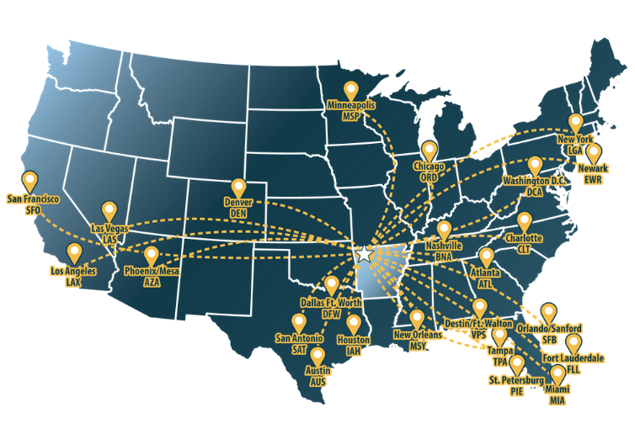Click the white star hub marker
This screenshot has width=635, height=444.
(x=364, y=253)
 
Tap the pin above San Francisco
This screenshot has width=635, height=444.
(x=31, y=181)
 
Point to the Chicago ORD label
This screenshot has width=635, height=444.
(x=429, y=172)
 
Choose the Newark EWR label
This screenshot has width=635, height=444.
(x=593, y=174)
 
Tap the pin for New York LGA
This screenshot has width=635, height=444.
(x=576, y=124)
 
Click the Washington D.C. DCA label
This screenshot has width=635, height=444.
(x=536, y=186)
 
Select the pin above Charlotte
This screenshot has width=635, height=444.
(x=526, y=222)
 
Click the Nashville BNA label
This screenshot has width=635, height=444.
(x=444, y=250)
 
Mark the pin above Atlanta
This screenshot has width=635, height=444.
(x=487, y=257)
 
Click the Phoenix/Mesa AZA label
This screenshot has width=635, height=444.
(x=152, y=279)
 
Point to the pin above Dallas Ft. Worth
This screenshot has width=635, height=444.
(x=332, y=286)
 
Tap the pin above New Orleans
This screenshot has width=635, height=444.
(x=417, y=319)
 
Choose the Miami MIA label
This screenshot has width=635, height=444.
(x=557, y=396)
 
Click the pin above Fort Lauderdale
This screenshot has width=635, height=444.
(x=574, y=343)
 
